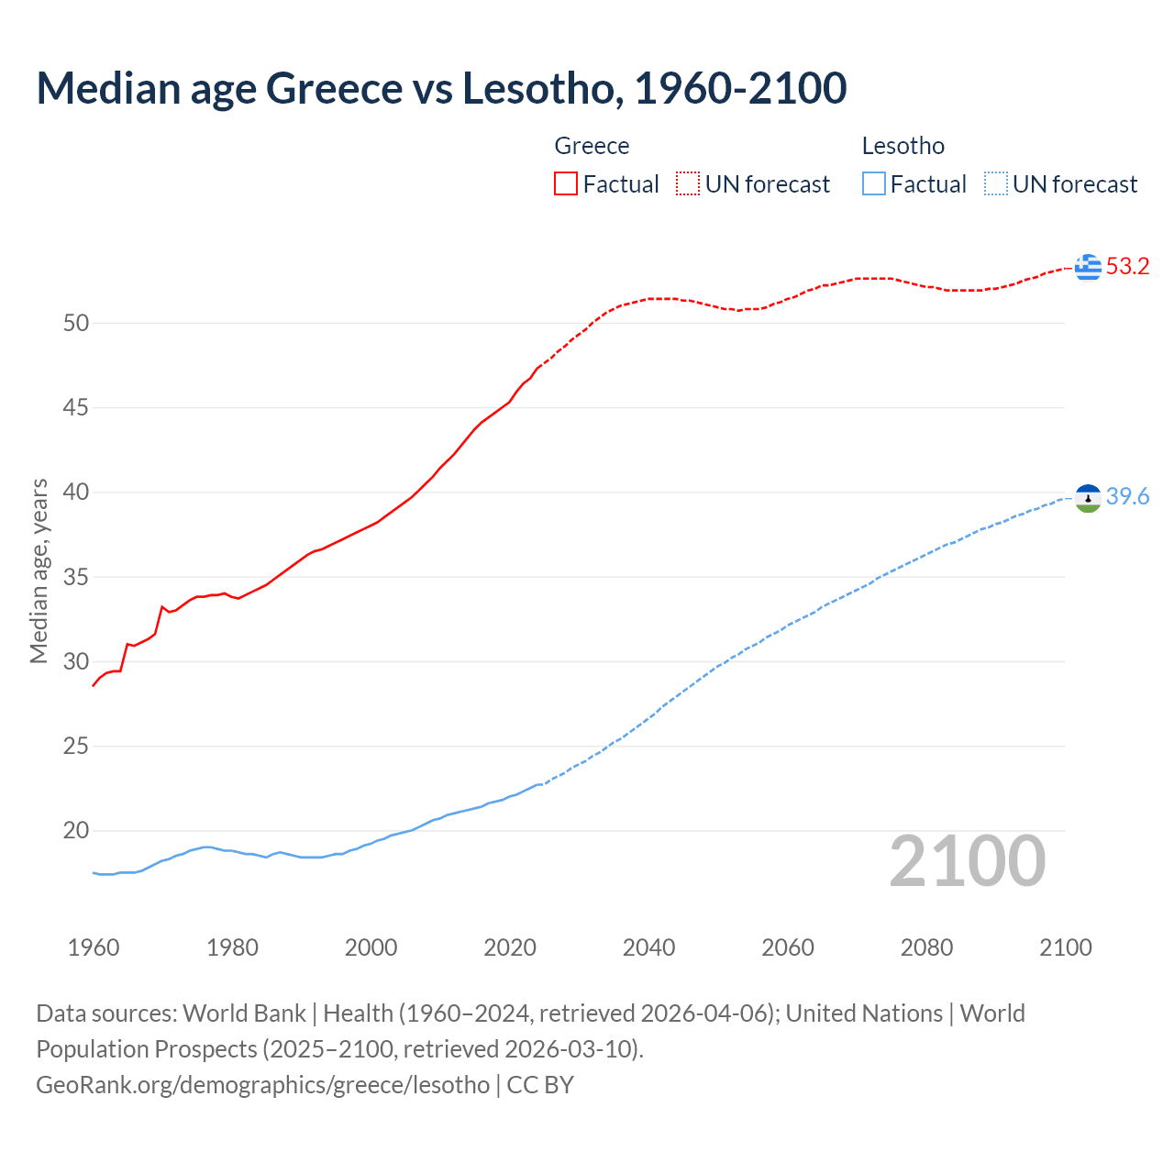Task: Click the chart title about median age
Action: click(441, 88)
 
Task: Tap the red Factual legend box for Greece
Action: click(566, 183)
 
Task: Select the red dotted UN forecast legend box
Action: click(688, 183)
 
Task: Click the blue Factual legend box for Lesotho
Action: click(874, 183)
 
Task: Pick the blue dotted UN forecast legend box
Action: click(995, 183)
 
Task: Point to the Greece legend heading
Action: click(592, 146)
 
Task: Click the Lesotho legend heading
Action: click(903, 146)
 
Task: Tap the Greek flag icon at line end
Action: click(1088, 267)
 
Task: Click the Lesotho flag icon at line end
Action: click(1088, 497)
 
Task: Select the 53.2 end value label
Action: click(1127, 267)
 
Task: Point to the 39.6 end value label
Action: click(1127, 496)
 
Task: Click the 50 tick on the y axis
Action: click(76, 323)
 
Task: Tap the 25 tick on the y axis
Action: click(76, 747)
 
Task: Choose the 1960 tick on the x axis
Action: click(94, 947)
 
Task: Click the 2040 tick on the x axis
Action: click(648, 947)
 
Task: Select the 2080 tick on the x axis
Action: click(926, 947)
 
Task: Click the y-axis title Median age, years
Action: click(39, 570)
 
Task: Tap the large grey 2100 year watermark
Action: click(967, 860)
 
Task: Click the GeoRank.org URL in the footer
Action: click(263, 1085)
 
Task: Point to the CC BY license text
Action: click(540, 1085)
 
